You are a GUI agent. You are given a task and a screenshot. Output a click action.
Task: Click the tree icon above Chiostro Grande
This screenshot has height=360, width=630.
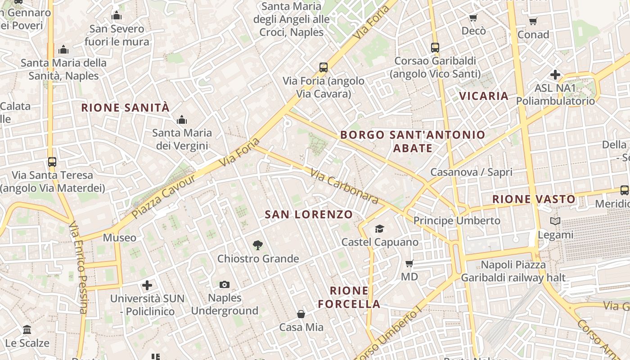pyautogui.click(x=257, y=245)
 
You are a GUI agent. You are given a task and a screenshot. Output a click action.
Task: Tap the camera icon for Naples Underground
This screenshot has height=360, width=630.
pyautogui.click(x=225, y=284)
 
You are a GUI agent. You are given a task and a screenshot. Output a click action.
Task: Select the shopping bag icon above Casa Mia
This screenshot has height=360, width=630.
pyautogui.click(x=301, y=314)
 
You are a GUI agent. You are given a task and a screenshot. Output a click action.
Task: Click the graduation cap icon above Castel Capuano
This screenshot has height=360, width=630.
pyautogui.click(x=379, y=229)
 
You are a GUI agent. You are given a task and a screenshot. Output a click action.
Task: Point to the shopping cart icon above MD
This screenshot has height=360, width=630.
pyautogui.click(x=409, y=263)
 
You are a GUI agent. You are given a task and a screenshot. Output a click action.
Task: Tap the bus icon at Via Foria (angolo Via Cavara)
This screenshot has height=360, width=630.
pyautogui.click(x=323, y=67)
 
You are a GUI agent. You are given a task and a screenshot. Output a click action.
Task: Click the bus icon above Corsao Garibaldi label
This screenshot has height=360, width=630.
pyautogui.click(x=435, y=47)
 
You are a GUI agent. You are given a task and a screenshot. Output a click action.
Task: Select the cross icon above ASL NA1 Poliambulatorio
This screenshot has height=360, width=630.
pyautogui.click(x=555, y=75)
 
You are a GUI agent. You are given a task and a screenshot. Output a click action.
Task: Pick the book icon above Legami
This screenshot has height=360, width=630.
pyautogui.click(x=555, y=221)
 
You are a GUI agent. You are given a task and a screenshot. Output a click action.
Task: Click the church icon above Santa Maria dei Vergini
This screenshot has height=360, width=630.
pyautogui.click(x=182, y=120)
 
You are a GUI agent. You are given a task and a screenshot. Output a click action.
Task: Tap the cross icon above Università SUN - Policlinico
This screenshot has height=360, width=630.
pyautogui.click(x=147, y=285)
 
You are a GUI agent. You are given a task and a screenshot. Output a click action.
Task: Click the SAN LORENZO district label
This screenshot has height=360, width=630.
pyautogui.click(x=309, y=215)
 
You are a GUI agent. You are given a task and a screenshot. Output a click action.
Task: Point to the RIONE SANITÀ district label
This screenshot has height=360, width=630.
pyautogui.click(x=126, y=108)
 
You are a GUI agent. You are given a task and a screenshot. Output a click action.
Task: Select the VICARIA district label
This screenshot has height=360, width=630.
pyautogui.click(x=484, y=96)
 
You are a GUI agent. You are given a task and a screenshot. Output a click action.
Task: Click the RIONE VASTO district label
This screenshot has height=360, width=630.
pyautogui.click(x=534, y=199)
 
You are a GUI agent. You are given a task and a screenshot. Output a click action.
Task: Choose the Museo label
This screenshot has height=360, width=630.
pyautogui.click(x=119, y=238)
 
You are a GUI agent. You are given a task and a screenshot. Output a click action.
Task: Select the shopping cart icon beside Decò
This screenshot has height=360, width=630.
pyautogui.click(x=473, y=18)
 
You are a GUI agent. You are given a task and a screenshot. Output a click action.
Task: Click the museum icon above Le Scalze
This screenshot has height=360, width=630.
pyautogui.click(x=27, y=330)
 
